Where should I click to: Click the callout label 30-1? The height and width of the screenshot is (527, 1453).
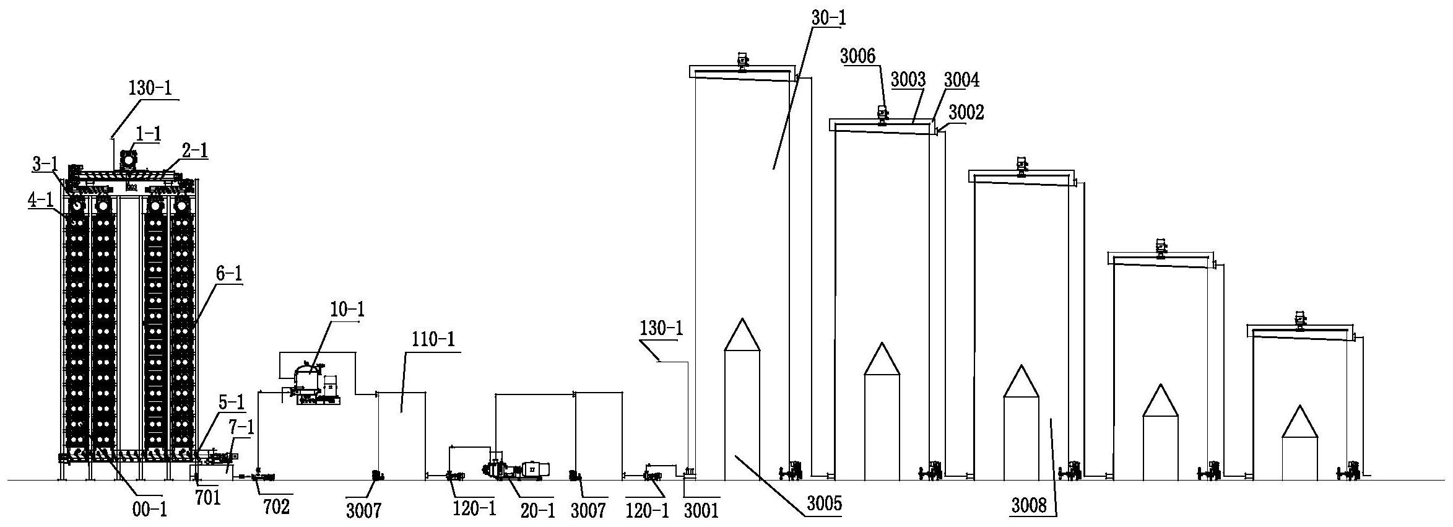click(x=828, y=17)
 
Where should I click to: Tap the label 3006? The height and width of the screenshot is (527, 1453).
click(x=857, y=56)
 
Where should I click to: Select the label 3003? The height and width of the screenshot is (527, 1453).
click(x=908, y=79)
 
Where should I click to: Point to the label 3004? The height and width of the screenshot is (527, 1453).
click(x=961, y=79)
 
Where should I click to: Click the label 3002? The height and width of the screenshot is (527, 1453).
click(x=966, y=112)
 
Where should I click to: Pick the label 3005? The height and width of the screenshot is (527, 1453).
click(x=824, y=503)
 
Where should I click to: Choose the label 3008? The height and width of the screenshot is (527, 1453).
click(x=1028, y=506)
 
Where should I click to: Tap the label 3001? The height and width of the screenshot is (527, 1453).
click(x=701, y=510)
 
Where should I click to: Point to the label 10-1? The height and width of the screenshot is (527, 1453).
click(x=347, y=309)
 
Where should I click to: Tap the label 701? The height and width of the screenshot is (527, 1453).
click(x=208, y=497)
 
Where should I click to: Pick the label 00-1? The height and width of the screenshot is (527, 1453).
click(x=150, y=510)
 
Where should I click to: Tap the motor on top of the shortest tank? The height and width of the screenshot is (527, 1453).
click(x=1299, y=320)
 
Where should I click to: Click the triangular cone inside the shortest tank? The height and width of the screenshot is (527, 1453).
click(x=1299, y=422)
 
